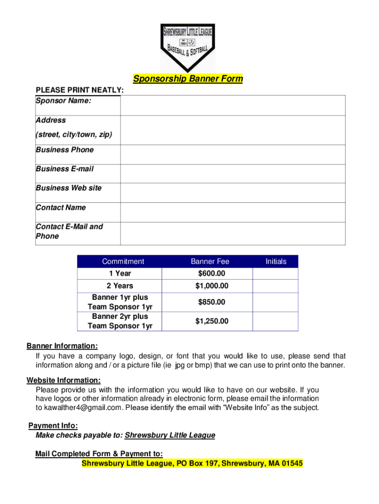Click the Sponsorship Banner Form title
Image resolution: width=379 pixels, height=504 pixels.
(188, 79)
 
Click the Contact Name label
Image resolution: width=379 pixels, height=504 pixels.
(61, 208)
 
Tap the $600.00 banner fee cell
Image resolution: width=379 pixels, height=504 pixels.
(211, 274)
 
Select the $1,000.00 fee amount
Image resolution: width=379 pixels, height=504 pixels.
(212, 286)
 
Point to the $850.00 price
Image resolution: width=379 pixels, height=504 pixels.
(211, 302)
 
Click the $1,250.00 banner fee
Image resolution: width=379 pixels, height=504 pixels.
(212, 321)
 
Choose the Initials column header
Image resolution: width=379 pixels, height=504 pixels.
(276, 262)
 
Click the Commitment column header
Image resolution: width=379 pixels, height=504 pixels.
(123, 262)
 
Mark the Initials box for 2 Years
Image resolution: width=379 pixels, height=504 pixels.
(275, 286)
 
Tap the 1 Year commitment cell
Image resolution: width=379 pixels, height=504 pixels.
(120, 274)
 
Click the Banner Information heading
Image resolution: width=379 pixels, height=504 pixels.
(62, 346)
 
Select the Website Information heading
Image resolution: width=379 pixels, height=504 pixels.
(63, 380)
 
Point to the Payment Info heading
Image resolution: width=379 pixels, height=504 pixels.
(53, 426)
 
